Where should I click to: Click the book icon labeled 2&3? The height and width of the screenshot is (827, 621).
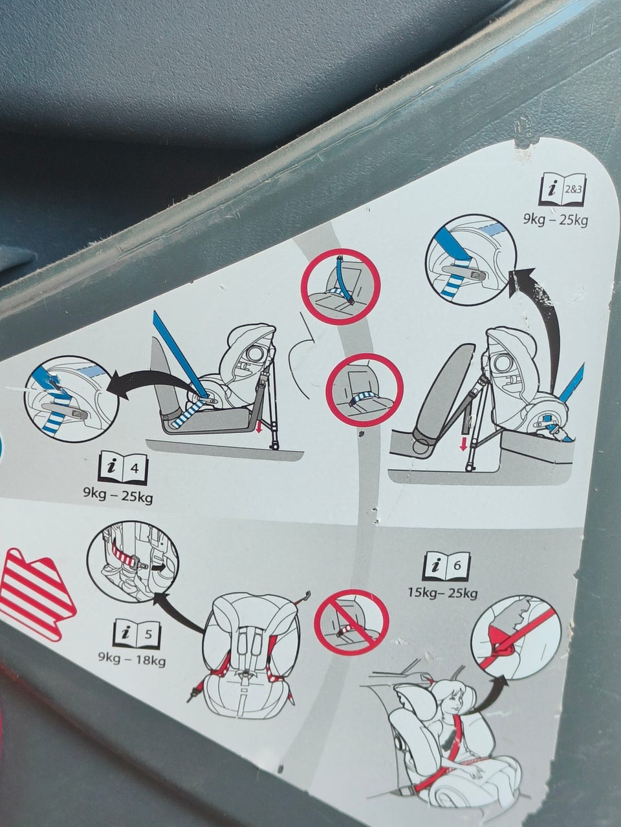tap(563, 189)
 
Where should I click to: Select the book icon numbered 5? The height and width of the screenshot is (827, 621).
tap(137, 634)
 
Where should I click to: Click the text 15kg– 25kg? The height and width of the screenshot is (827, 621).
tap(442, 593)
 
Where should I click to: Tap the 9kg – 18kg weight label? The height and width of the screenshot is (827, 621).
tap(132, 660)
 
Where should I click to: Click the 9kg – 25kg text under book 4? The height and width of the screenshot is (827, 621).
tap(118, 496)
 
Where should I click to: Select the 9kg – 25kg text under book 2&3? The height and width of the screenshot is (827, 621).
tap(556, 220)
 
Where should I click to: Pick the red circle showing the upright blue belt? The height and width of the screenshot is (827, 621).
tap(340, 286)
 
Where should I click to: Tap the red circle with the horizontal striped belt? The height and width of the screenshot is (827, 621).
tap(364, 390)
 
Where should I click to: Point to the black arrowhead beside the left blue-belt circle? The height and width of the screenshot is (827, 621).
tap(119, 386)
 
